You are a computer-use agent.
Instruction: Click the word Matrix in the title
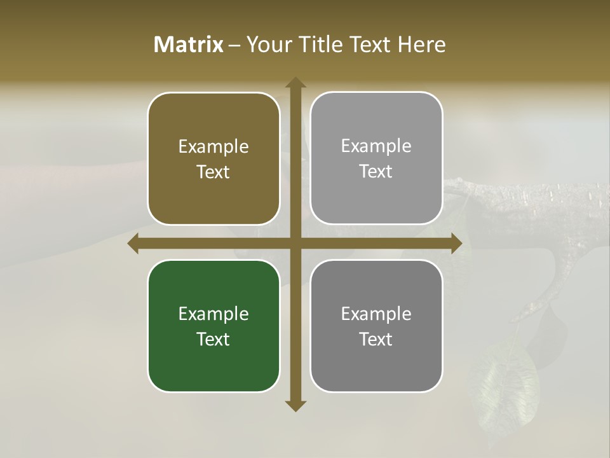pos(189,45)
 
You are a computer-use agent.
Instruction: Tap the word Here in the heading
pos(421,45)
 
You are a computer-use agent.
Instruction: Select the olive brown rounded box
pos(213,158)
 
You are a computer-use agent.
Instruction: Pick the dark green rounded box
pos(213,326)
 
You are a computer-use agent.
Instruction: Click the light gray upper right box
pos(376,158)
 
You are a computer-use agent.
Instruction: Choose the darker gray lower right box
pos(376,326)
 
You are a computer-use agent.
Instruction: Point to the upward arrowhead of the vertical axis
pos(295,83)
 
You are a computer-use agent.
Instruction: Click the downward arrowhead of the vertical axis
pos(295,405)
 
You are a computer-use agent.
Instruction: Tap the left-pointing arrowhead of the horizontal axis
pos(133,243)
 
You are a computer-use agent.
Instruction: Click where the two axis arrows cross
pos(295,243)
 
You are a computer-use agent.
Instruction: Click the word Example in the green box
pos(213,314)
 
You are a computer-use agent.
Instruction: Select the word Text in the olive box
pos(213,172)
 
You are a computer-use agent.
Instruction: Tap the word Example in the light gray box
pos(376,146)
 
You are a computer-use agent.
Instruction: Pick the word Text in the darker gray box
pos(376,339)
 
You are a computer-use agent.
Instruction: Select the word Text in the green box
pos(213,339)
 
